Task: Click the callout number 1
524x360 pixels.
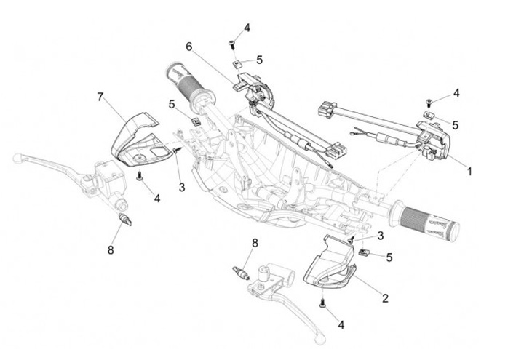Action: [469, 172]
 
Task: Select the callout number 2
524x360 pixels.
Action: [385, 298]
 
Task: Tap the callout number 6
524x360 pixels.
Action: [189, 47]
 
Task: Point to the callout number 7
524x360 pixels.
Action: [100, 97]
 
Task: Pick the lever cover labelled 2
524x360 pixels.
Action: [328, 262]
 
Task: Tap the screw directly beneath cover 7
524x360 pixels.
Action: [140, 176]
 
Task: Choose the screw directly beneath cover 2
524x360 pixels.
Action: [323, 303]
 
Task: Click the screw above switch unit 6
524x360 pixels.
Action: [231, 44]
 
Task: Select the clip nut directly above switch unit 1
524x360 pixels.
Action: [429, 115]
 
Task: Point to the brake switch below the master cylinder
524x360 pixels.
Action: [125, 220]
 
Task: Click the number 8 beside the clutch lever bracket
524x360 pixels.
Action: [255, 243]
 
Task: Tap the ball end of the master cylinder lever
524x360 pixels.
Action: [17, 158]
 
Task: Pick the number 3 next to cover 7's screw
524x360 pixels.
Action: [182, 188]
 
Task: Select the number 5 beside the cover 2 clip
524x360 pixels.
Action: [389, 257]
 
